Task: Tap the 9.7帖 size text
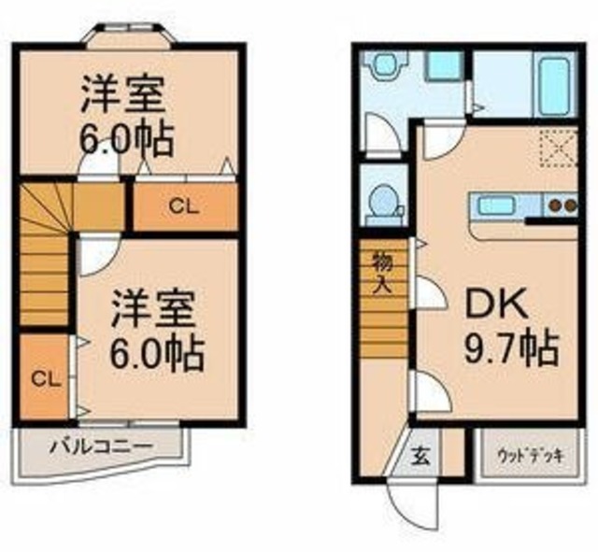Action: click(510, 350)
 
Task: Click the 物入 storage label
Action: click(381, 270)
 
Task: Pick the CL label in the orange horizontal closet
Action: click(183, 208)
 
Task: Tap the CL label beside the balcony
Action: click(41, 379)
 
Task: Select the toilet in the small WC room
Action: click(381, 202)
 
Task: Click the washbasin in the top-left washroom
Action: click(383, 67)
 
